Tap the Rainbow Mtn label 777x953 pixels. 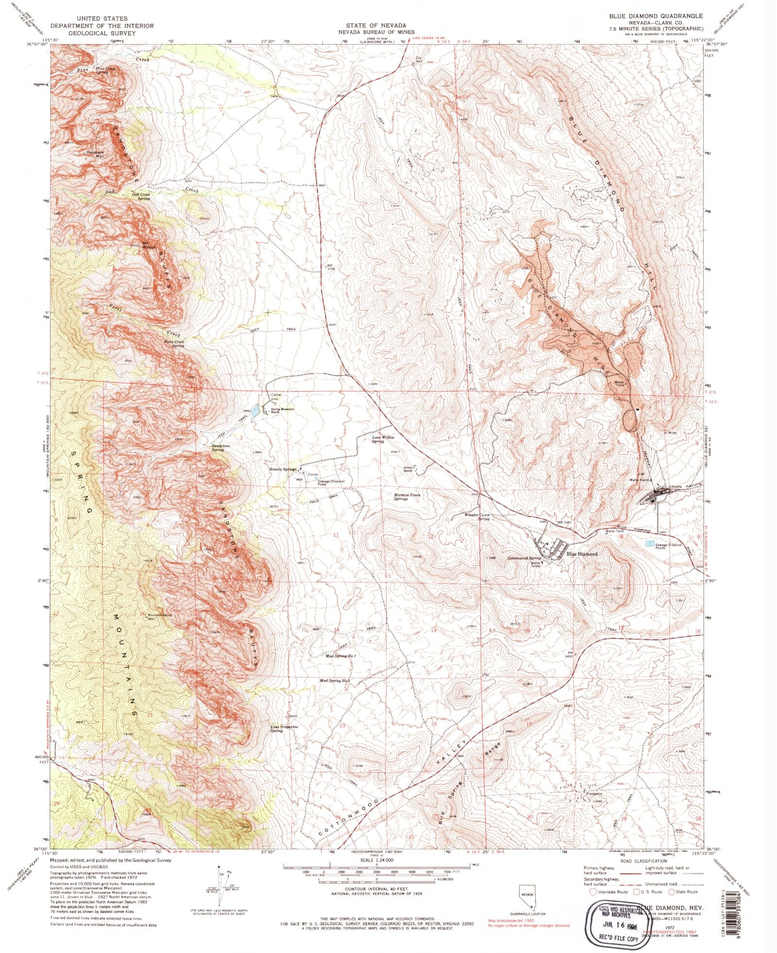[96, 154]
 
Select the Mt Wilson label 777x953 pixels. [149, 245]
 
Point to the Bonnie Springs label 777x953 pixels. [283, 469]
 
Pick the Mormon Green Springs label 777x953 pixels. [407, 497]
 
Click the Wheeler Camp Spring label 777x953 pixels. [478, 516]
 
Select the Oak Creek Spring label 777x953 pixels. [141, 196]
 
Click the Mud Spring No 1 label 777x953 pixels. [340, 656]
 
